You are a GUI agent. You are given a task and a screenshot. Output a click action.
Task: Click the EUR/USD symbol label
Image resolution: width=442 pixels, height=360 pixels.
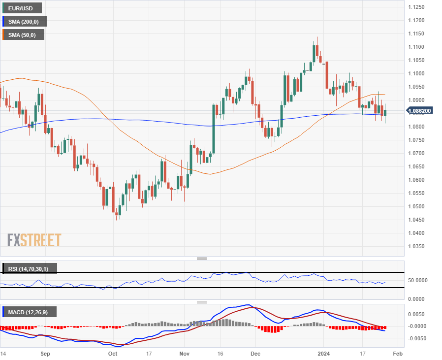[x=23, y=8]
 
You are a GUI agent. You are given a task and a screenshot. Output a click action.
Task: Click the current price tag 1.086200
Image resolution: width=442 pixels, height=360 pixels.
[x=420, y=111]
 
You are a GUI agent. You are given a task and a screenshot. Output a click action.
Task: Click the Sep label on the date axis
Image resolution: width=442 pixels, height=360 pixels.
[x=45, y=353]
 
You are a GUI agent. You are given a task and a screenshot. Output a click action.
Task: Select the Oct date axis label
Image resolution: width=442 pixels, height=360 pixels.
[x=113, y=353]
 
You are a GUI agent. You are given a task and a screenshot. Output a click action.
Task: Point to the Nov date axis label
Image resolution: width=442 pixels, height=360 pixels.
[x=184, y=353]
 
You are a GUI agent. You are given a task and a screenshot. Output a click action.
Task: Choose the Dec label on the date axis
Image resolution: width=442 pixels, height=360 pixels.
[x=254, y=353]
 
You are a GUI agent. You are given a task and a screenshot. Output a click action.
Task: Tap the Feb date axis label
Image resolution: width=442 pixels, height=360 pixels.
[x=399, y=353]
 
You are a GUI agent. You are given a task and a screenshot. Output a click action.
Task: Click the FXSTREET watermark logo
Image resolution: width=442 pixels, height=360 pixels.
[x=34, y=240]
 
